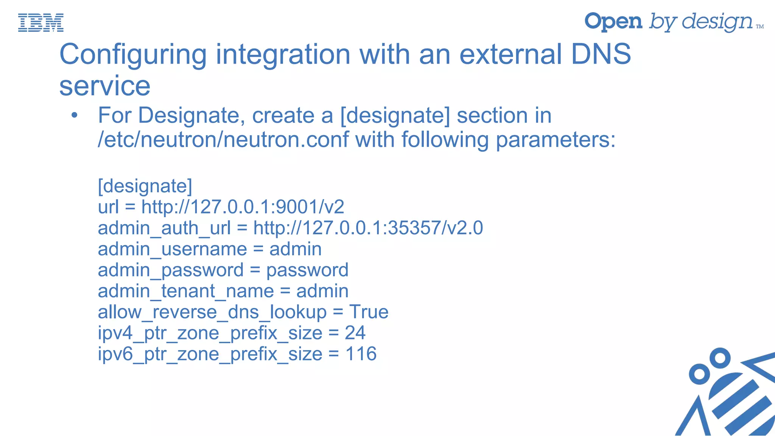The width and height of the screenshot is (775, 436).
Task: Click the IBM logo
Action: pos(41,22)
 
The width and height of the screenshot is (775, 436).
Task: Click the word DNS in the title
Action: pos(601,54)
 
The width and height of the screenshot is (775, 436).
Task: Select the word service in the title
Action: pos(105,86)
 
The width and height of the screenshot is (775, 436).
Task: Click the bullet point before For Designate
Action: pos(75,116)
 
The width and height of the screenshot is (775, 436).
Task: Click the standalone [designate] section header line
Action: pos(145,186)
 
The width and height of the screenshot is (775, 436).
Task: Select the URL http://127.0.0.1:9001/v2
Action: pos(243,207)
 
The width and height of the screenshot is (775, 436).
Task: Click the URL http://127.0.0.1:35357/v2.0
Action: pos(368,228)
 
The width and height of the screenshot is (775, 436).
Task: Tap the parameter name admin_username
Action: pos(172,249)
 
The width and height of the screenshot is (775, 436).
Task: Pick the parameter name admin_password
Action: pos(170,270)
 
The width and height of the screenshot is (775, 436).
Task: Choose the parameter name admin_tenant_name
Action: pos(186,291)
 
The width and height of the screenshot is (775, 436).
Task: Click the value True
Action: pos(369,312)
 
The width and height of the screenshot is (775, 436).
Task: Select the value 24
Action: pos(355,333)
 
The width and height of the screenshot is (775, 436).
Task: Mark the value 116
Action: pos(361,354)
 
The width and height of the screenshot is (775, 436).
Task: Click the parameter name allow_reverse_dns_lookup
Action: pos(212,312)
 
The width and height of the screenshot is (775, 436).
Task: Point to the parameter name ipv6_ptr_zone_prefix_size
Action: pos(210,354)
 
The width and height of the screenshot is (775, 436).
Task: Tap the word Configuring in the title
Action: pos(133,54)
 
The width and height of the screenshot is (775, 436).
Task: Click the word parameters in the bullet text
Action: pos(556,140)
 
